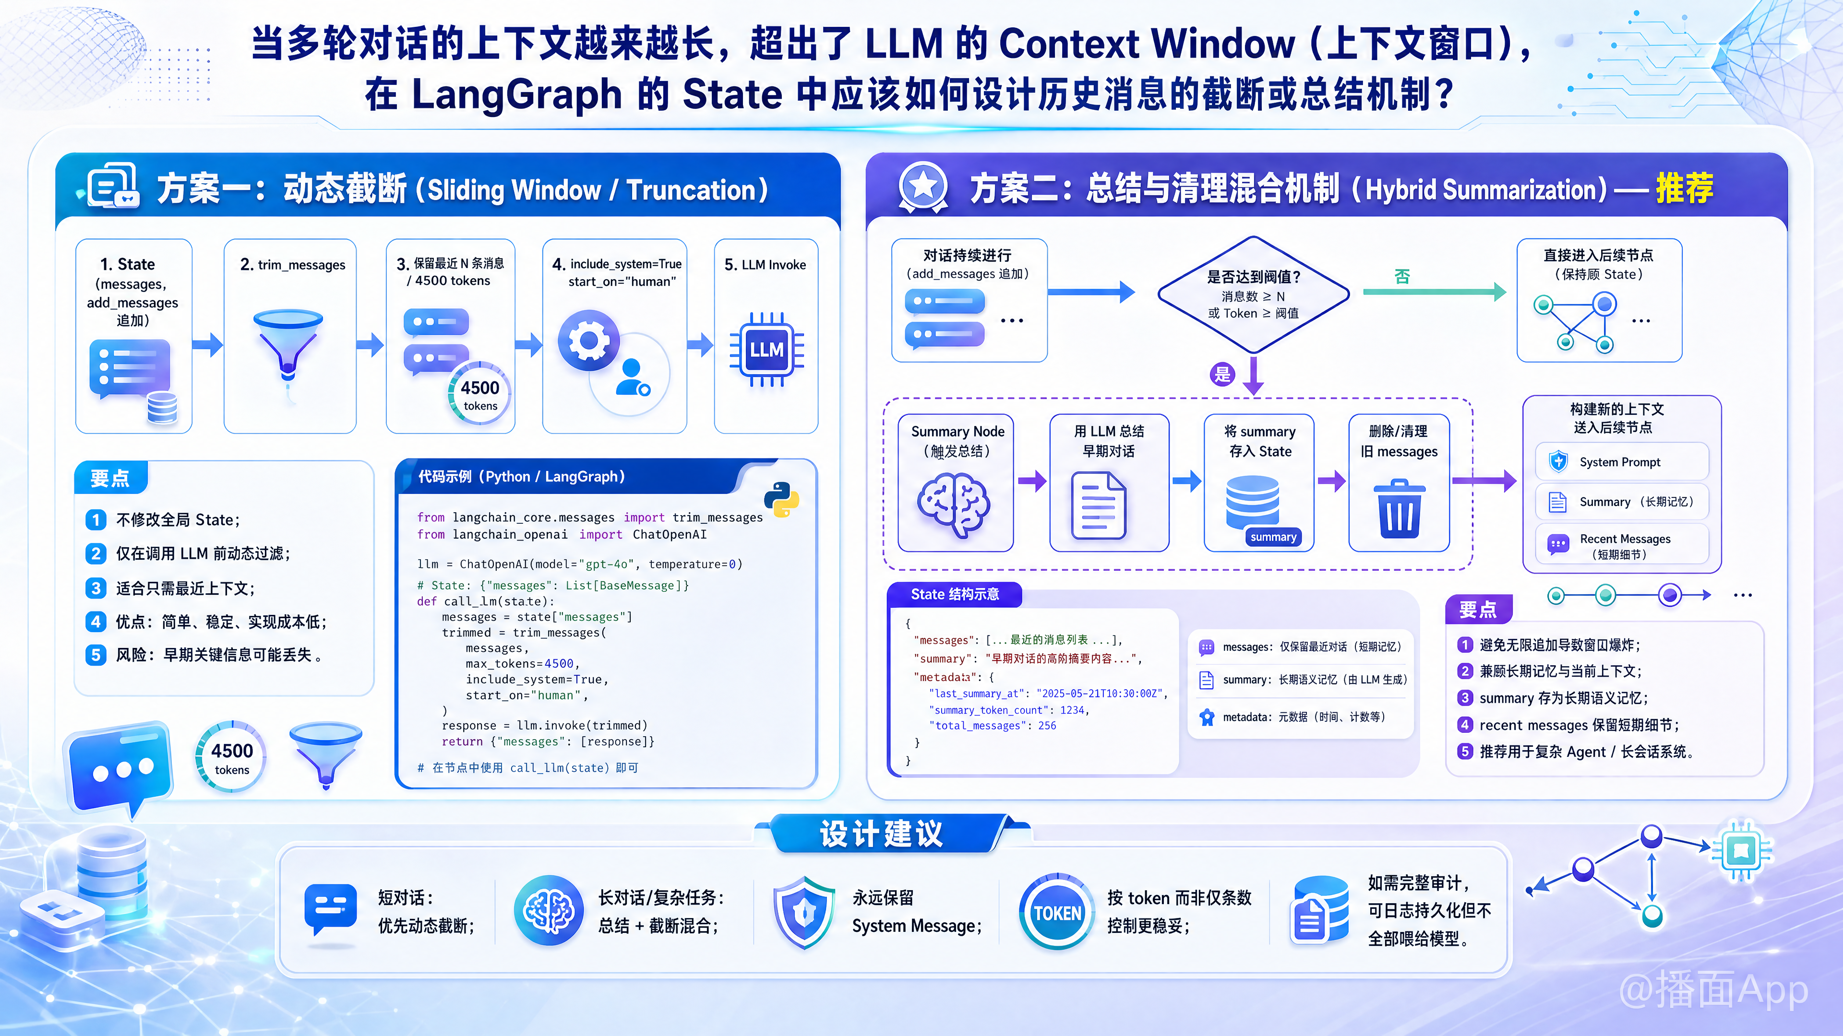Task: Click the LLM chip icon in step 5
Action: click(766, 350)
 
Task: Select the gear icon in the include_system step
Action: click(589, 341)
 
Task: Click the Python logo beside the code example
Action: click(781, 499)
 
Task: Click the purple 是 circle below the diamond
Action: click(1222, 374)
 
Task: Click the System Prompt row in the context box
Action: click(1622, 462)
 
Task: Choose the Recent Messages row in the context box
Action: click(1622, 545)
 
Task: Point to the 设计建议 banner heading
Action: click(882, 834)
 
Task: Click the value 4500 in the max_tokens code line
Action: click(559, 663)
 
